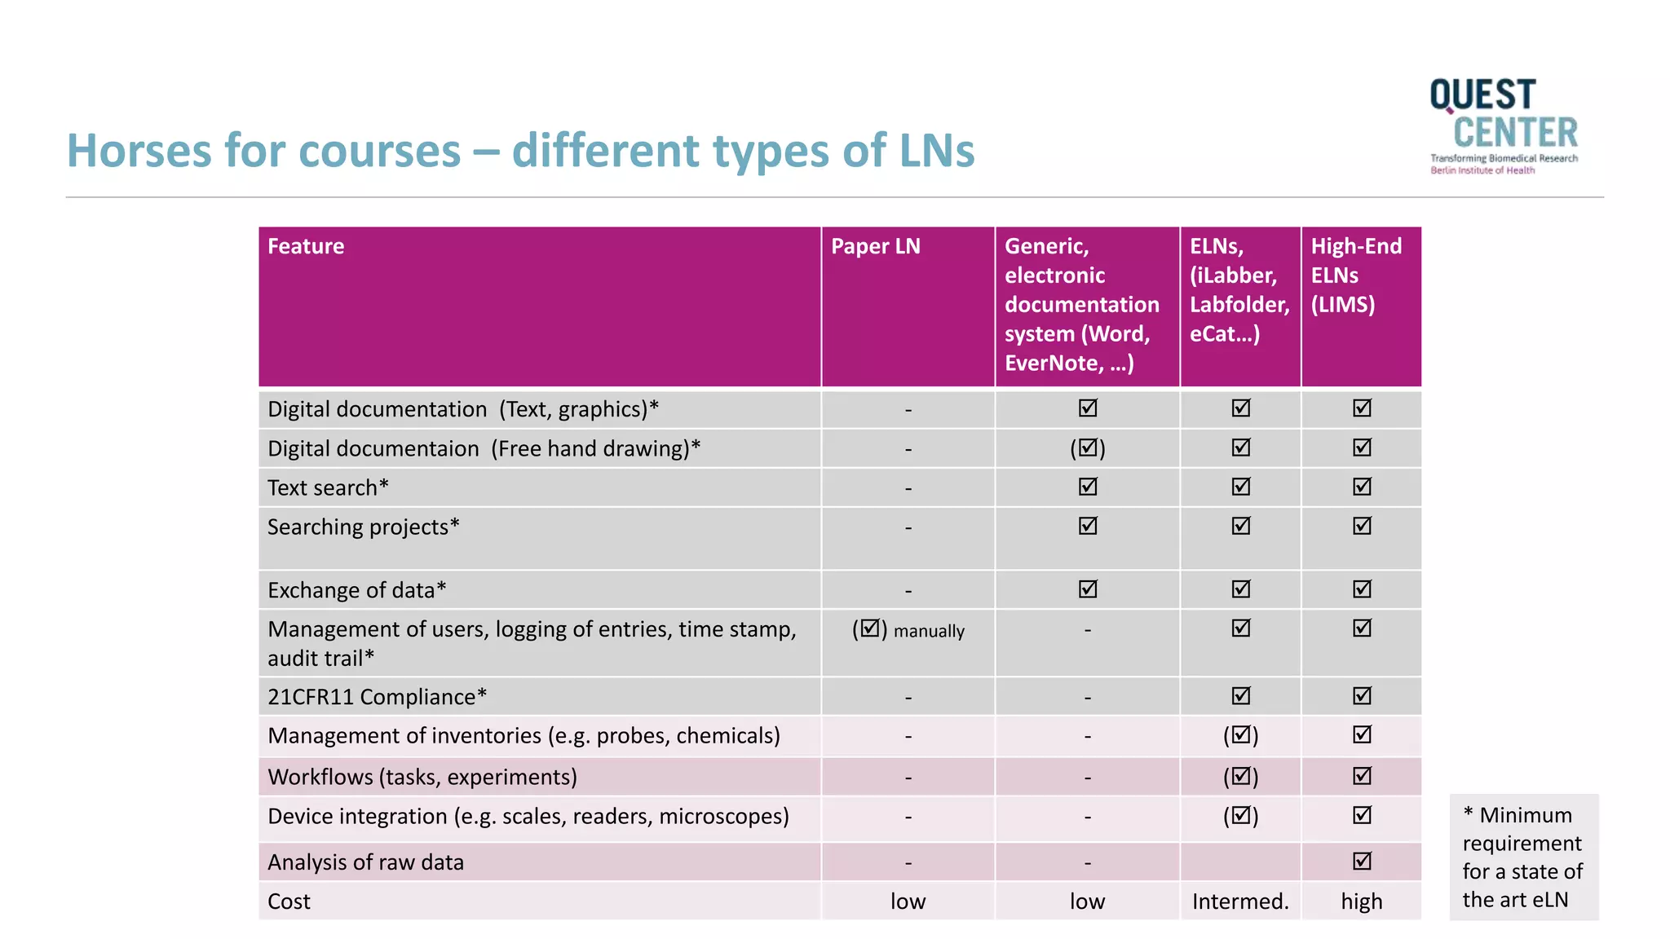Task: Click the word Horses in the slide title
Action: tap(140, 151)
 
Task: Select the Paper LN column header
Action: tap(875, 246)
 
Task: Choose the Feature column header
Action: tap(306, 246)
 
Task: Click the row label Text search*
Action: tap(328, 487)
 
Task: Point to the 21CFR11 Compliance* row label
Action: tap(377, 697)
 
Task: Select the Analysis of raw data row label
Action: tap(365, 862)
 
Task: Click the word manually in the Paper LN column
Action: tap(929, 631)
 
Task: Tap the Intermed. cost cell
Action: tap(1239, 902)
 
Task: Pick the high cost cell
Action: tap(1361, 902)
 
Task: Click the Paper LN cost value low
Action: tap(908, 902)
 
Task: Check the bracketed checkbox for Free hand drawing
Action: tap(1088, 448)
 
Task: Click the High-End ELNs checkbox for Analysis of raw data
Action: tap(1362, 861)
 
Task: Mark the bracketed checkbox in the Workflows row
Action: tap(1240, 777)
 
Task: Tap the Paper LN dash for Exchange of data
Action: tap(908, 590)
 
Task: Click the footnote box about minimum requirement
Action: tap(1522, 857)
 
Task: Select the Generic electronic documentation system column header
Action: tap(1081, 305)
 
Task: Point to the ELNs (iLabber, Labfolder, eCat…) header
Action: tap(1239, 290)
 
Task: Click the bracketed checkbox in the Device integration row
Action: tap(1240, 816)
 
